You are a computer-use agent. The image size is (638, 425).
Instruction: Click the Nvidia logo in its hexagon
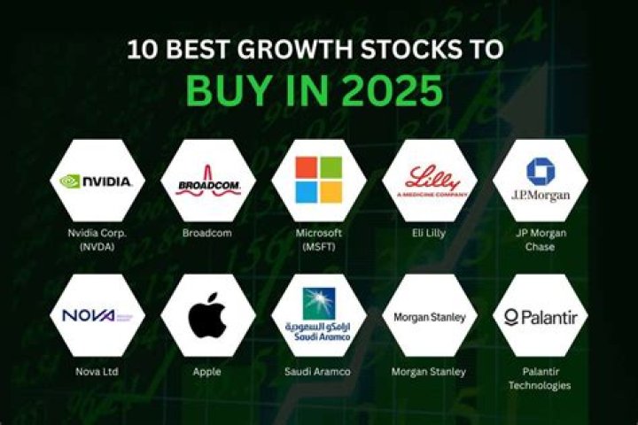(x=97, y=181)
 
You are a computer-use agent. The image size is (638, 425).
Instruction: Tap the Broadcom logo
(x=207, y=183)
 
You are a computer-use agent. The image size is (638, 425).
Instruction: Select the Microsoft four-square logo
(x=318, y=180)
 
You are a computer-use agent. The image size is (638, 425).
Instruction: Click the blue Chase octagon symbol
(x=540, y=171)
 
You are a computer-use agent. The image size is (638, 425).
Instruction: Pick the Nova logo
(x=97, y=315)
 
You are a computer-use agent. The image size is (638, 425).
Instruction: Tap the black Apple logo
(x=207, y=316)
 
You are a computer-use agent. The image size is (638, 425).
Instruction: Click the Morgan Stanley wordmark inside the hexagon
(x=429, y=316)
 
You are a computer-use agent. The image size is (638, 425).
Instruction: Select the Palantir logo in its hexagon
(x=540, y=316)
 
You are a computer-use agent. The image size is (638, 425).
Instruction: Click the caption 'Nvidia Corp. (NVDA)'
(x=97, y=239)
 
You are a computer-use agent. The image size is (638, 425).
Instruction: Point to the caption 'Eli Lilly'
(x=429, y=233)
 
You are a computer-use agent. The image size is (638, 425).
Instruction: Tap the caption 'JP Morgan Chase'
(x=540, y=239)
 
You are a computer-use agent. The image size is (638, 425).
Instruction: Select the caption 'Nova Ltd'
(x=97, y=371)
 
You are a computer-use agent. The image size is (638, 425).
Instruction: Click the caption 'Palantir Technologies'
(x=540, y=378)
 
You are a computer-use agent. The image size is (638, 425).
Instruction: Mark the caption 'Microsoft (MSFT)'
(x=318, y=239)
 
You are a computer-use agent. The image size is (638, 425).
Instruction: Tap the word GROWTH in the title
(x=302, y=49)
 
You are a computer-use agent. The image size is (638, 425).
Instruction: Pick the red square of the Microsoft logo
(x=306, y=168)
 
